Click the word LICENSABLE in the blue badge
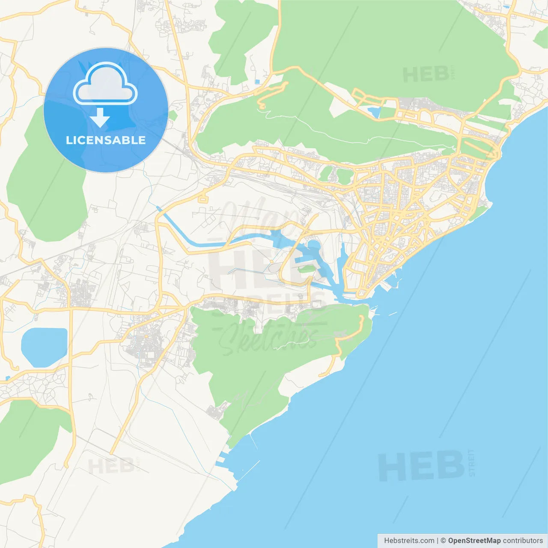coord(106,140)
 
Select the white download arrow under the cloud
coord(100,118)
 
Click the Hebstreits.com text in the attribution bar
coord(409,541)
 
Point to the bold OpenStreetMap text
coord(474,541)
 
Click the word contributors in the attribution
coord(522,541)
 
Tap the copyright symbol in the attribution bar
coord(443,541)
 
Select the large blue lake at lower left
coord(44,347)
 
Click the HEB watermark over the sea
coord(422,465)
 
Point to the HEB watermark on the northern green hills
coord(426,74)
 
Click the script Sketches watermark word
coord(270,338)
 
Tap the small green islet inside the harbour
coord(305,269)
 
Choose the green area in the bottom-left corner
coord(26,441)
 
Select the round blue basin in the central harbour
coord(314,245)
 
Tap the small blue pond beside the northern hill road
coord(374,112)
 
